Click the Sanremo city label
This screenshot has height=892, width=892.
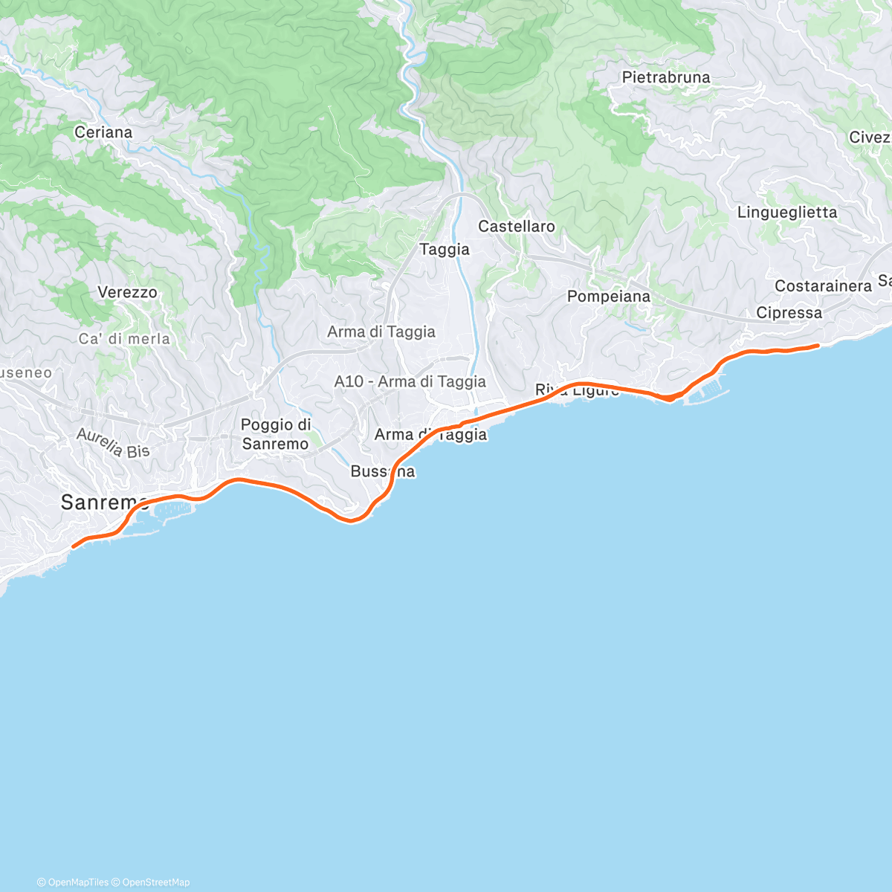[x=104, y=502]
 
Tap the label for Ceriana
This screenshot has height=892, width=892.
[x=103, y=132]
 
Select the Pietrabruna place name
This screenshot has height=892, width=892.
[x=666, y=77]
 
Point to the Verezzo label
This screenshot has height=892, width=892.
[x=127, y=292]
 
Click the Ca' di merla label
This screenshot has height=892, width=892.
[x=124, y=339]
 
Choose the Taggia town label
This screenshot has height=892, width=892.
[x=445, y=250]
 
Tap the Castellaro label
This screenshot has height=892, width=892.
[x=517, y=226]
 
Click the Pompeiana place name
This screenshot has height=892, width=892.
[x=609, y=297]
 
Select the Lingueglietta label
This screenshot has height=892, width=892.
[x=787, y=213]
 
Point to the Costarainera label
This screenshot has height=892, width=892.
[x=823, y=286]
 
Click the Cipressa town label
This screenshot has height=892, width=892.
[x=789, y=313]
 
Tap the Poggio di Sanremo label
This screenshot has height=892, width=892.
[x=275, y=434]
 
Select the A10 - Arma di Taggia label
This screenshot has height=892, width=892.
[x=410, y=381]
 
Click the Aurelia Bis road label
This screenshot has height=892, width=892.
[x=113, y=443]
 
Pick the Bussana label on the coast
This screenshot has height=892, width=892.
[x=383, y=471]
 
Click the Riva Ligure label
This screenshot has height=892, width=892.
[x=577, y=390]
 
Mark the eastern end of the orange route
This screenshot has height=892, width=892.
[x=818, y=346]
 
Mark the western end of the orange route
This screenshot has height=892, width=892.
[x=73, y=547]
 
